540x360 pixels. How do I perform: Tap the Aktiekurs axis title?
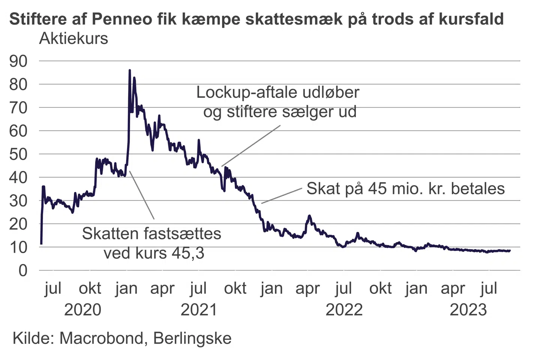pyautogui.click(x=73, y=38)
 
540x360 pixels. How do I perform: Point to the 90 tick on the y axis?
pyautogui.click(x=18, y=61)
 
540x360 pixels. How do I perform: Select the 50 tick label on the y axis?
pyautogui.click(x=18, y=154)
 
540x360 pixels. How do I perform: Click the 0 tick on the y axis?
pyautogui.click(x=23, y=270)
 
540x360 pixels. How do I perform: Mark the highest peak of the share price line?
pyautogui.click(x=130, y=70)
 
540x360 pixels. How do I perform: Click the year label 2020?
pyautogui.click(x=82, y=310)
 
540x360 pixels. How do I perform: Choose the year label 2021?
pyautogui.click(x=199, y=310)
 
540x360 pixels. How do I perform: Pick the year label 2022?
pyautogui.click(x=344, y=310)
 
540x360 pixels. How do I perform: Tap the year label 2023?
pyautogui.click(x=468, y=310)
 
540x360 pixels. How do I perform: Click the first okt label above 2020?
pyautogui.click(x=90, y=288)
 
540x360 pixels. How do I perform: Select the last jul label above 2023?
pyautogui.click(x=489, y=288)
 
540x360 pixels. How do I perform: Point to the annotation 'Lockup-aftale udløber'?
pyautogui.click(x=277, y=92)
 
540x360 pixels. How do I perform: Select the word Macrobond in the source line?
pyautogui.click(x=101, y=338)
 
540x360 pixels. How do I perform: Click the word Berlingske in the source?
pyautogui.click(x=192, y=338)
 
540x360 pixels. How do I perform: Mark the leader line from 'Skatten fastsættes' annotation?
pyautogui.click(x=142, y=195)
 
